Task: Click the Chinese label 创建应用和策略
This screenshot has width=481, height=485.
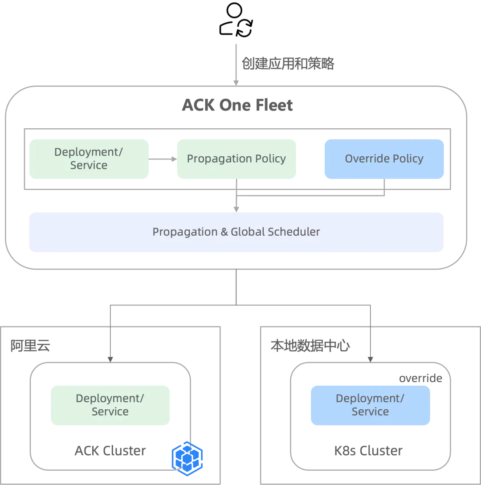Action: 288,63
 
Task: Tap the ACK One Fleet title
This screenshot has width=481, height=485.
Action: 237,105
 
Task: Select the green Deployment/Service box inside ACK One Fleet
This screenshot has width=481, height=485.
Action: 89,159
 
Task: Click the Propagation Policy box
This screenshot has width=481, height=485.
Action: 236,159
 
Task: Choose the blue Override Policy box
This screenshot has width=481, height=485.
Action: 384,159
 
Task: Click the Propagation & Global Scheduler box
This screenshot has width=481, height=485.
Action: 236,232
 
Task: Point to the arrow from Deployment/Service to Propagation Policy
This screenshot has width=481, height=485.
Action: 163,159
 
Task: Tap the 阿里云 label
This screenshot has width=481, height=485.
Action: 30,346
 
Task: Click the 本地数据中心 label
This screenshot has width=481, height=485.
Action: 310,346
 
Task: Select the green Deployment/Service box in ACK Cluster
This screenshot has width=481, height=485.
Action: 110,405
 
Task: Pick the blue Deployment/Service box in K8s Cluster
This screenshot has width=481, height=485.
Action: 371,405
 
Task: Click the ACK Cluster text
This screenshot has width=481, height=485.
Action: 110,451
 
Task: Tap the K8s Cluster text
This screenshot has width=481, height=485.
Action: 368,451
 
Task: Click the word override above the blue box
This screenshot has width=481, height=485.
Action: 421,378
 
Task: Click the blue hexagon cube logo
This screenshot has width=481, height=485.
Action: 188,458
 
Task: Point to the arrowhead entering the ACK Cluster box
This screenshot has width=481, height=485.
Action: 110,360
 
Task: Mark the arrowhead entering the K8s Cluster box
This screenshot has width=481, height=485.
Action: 371,360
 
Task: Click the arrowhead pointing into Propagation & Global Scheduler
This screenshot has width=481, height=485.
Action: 236,210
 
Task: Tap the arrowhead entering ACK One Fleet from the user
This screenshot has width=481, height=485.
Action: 236,83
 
